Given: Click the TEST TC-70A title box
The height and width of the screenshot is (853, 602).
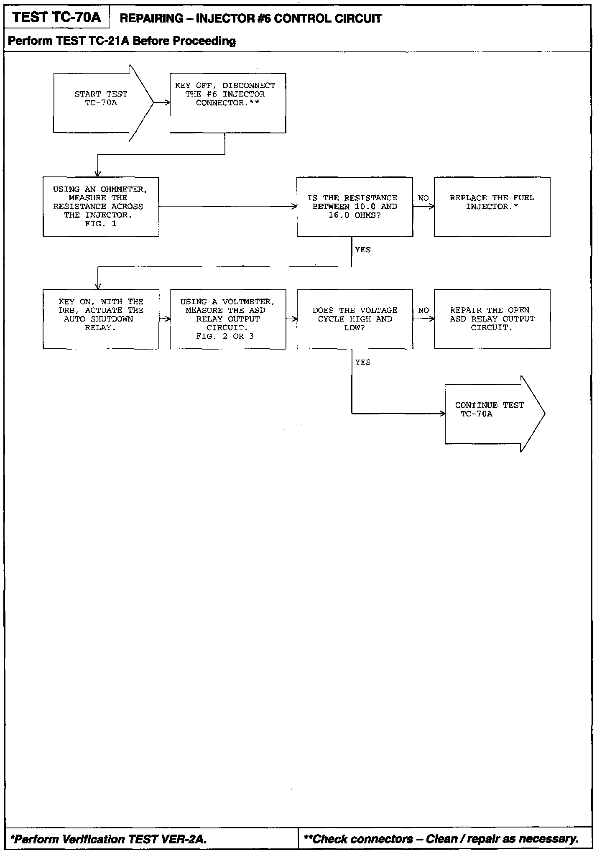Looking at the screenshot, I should (x=57, y=18).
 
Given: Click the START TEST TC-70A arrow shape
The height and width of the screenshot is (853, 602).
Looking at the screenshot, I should (x=100, y=103).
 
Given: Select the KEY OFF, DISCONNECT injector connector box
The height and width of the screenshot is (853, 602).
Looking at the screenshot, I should (x=227, y=103).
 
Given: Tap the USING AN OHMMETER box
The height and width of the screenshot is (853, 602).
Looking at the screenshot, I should (x=101, y=207).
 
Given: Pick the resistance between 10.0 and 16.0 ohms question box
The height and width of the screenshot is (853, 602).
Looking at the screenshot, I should (x=355, y=207).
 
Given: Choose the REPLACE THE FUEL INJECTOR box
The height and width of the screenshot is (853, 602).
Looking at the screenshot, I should (x=492, y=207).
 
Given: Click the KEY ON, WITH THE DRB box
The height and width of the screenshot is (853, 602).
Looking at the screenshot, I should (x=101, y=319).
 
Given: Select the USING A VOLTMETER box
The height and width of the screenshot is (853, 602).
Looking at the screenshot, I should (x=228, y=319).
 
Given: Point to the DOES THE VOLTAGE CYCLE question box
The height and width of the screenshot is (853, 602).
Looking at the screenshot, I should (x=355, y=319).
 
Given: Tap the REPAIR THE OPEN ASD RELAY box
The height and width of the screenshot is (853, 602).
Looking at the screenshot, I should (x=492, y=319).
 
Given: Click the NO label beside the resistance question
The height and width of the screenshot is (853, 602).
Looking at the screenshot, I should (x=423, y=198).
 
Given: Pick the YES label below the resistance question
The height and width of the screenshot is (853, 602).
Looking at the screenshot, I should (x=362, y=250).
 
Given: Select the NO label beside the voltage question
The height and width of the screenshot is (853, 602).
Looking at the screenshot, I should (x=423, y=310).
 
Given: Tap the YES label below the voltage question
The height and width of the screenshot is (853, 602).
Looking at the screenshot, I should (x=362, y=362).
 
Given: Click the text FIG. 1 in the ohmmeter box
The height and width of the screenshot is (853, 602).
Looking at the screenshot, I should (x=101, y=224).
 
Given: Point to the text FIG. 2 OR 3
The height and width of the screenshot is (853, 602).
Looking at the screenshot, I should (x=225, y=336).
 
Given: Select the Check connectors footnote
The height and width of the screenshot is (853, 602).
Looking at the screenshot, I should (x=441, y=839).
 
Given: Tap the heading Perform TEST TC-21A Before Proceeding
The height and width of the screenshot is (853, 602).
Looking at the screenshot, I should (x=122, y=41).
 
